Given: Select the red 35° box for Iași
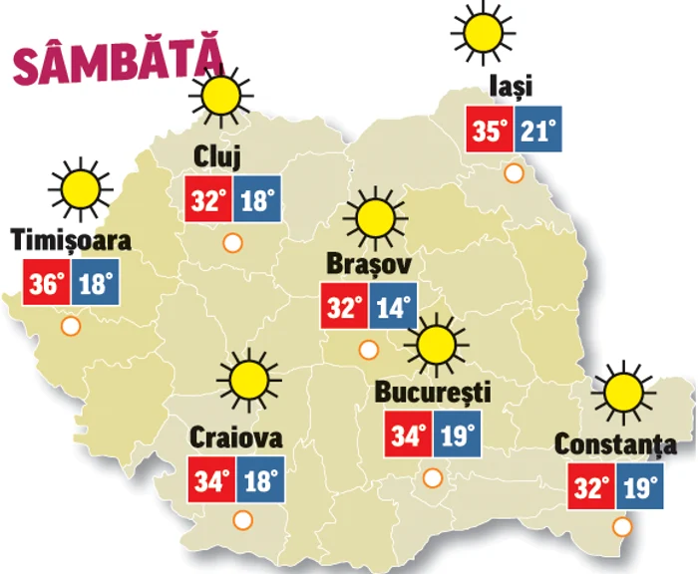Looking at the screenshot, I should [x=490, y=130].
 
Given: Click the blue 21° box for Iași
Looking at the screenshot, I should [x=538, y=130].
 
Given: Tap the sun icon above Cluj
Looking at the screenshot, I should [x=219, y=96].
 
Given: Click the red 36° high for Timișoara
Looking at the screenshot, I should [x=45, y=283].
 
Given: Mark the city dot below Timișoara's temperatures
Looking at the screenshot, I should [x=70, y=326].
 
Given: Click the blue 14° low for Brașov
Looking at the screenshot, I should [x=393, y=306].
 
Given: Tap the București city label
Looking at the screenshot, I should [x=432, y=392].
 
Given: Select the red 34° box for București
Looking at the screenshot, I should [x=408, y=434].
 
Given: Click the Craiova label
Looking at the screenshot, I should [x=236, y=438].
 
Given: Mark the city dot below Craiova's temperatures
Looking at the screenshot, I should [x=241, y=519].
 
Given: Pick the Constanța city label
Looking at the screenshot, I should [x=615, y=445].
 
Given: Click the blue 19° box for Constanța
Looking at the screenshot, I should [x=639, y=488].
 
